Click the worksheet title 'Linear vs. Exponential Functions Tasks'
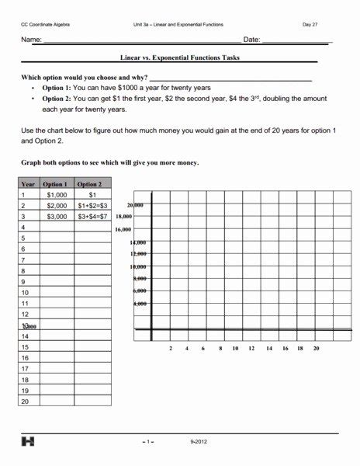[179, 57]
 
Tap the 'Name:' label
[31, 40]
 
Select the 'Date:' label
[251, 40]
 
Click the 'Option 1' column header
[56, 184]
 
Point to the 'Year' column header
[28, 184]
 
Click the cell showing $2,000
[57, 206]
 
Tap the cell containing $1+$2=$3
[93, 206]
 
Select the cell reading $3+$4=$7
[93, 217]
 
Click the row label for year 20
[25, 402]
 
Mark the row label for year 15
[25, 347]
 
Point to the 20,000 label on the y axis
[135, 205]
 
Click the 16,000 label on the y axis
[123, 230]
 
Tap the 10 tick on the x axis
[236, 349]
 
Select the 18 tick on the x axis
[300, 349]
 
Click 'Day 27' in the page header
[310, 25]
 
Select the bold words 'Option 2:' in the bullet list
[56, 99]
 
